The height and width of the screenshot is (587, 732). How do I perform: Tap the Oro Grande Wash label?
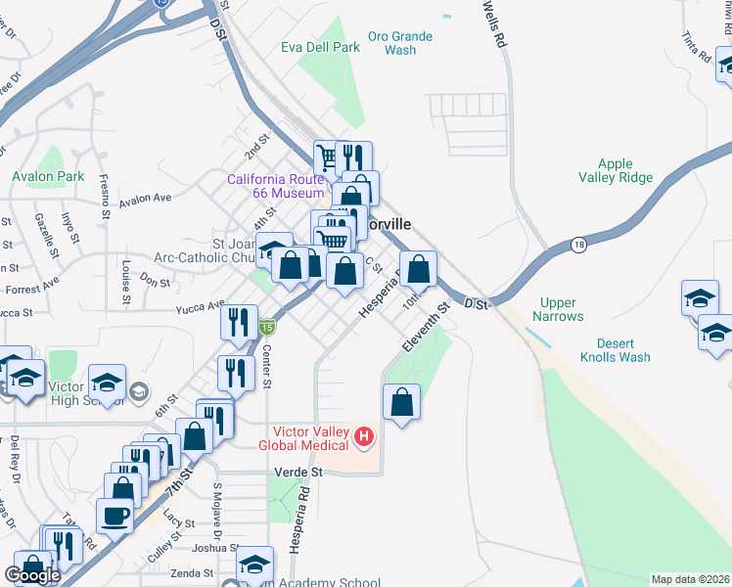[x=399, y=43]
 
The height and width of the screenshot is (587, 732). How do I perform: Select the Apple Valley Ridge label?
[x=616, y=170]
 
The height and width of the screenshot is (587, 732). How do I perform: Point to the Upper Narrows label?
[x=558, y=310]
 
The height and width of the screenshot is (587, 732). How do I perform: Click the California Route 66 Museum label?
[x=275, y=186]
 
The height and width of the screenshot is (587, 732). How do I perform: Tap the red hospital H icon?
[x=363, y=435]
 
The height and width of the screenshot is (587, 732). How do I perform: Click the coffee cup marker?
[x=114, y=516]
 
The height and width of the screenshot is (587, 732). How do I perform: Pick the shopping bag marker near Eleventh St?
[x=401, y=401]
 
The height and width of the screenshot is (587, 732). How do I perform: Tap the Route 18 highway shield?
[x=579, y=245]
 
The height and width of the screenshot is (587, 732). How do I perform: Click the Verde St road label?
[x=303, y=472]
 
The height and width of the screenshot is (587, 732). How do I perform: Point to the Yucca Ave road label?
[x=200, y=308]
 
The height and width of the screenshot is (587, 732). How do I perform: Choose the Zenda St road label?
[x=192, y=573]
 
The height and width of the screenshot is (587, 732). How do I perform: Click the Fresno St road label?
[x=105, y=194]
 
